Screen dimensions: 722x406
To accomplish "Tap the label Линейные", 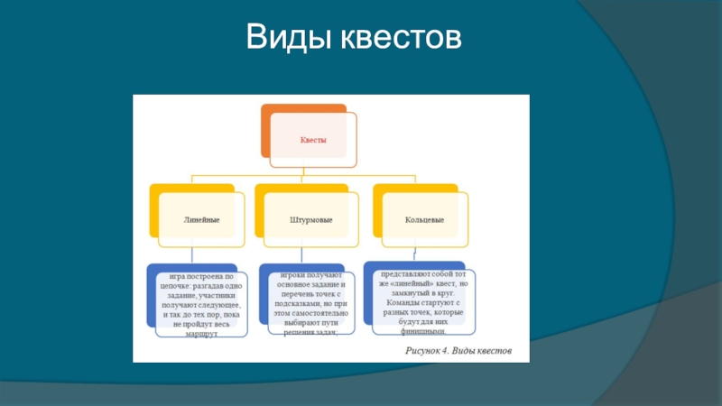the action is [x=202, y=219].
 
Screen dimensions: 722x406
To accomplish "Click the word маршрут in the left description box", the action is [x=199, y=333].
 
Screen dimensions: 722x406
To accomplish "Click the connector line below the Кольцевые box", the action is [x=413, y=253].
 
